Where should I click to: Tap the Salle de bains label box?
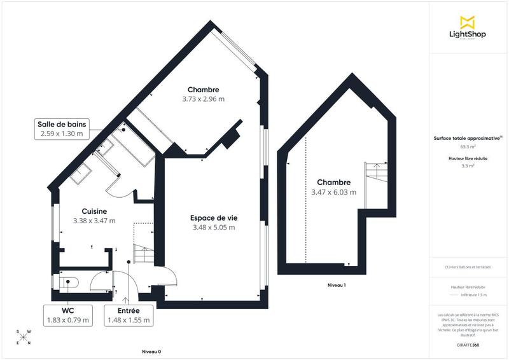[x=63, y=129]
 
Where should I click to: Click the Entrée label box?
[x=129, y=315]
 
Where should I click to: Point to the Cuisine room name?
[x=94, y=211]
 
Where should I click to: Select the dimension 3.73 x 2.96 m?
[x=203, y=99]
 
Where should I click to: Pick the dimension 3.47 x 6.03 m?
[x=333, y=192]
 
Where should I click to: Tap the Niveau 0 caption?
[x=151, y=352]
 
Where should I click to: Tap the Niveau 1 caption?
[x=336, y=284]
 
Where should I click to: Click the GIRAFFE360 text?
[x=468, y=344]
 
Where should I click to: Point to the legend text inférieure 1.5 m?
[x=473, y=294]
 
